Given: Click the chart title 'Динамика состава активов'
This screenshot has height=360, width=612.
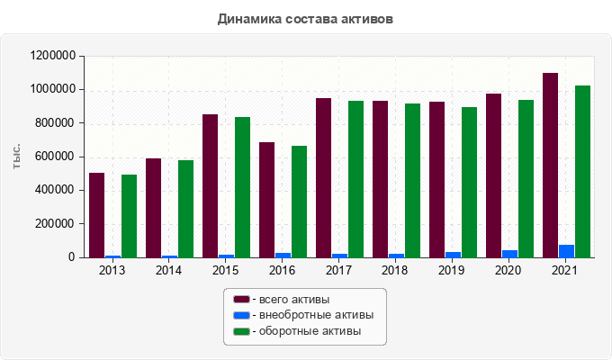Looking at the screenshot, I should pos(305,18).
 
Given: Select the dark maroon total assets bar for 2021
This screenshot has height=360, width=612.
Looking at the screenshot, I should pos(550,166).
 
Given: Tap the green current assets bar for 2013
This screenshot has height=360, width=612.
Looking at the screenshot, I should pos(129,216).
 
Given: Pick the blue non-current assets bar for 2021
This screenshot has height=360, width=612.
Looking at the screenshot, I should pos(566,251).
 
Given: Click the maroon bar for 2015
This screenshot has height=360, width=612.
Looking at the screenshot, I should pos(210,186).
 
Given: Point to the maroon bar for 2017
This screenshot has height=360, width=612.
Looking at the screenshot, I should pos(323,178).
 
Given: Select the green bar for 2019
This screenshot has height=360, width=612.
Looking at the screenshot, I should pos(469,183).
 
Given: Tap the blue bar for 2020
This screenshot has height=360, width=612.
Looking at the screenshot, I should pos(509,254).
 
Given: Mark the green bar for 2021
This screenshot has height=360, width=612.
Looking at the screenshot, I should pos(582,172).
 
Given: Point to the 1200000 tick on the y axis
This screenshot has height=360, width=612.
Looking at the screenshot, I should pos(51,56).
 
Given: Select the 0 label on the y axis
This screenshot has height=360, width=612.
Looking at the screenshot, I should pos(71,257).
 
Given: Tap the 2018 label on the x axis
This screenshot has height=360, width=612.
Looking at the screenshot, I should pos(394,270).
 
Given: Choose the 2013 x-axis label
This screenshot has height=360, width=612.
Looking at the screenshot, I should pos(112,270).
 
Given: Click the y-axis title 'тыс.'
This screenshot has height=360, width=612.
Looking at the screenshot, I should pos(17,156).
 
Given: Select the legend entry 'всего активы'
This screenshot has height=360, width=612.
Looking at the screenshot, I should pos(293,299).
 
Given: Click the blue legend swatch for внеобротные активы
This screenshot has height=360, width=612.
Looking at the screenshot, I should pos(241,315).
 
